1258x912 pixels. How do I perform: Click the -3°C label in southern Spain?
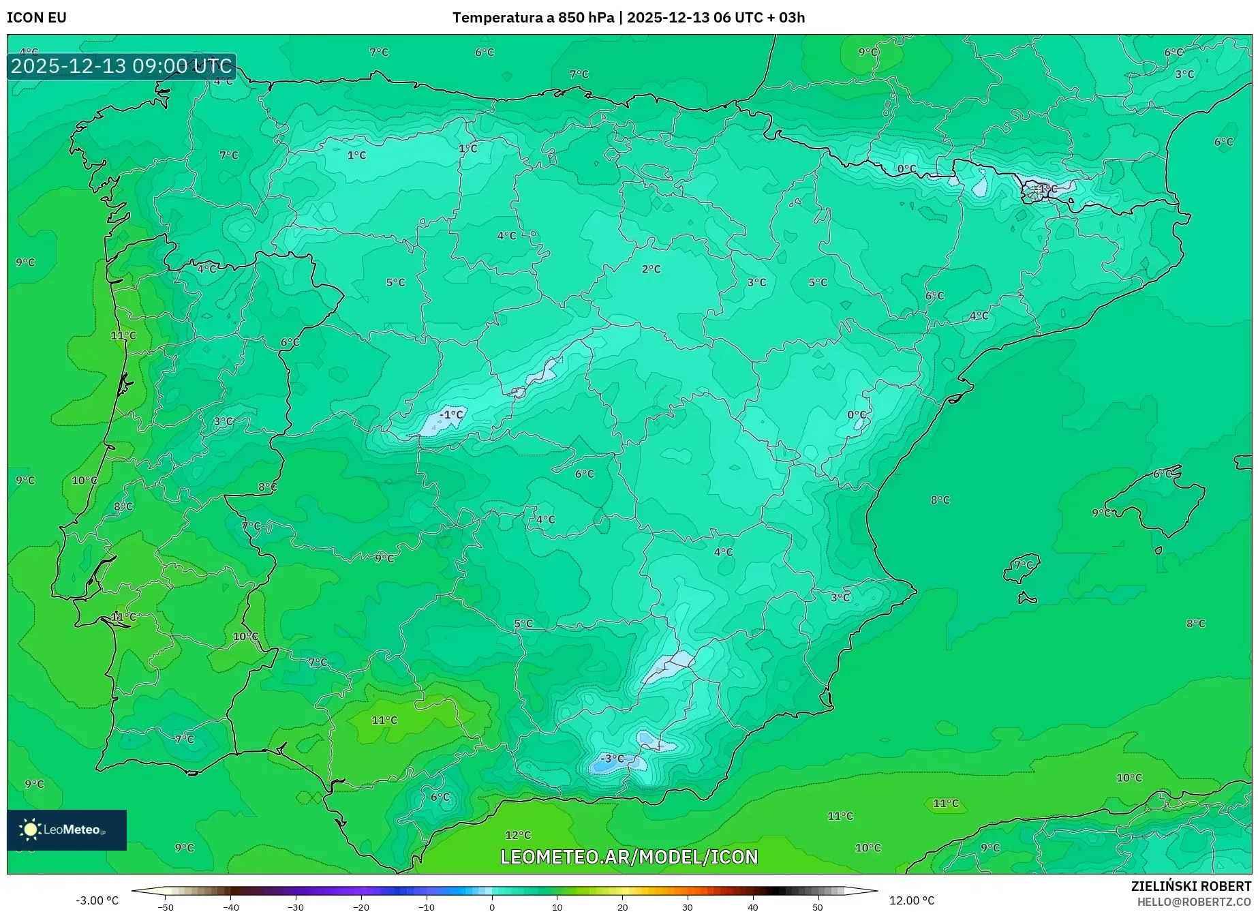tap(611, 759)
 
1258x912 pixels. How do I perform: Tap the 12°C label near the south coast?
tap(517, 835)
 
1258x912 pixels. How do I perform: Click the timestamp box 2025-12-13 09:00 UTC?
tap(121, 66)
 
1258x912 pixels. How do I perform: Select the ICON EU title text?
tap(37, 18)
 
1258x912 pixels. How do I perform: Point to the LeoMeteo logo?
tap(66, 830)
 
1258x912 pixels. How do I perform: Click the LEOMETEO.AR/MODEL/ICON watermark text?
tap(628, 857)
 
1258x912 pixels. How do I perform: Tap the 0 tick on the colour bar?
tap(491, 907)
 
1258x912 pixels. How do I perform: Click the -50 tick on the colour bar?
tap(166, 907)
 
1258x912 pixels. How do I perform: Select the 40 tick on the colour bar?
tap(752, 907)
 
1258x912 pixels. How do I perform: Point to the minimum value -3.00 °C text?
tap(97, 900)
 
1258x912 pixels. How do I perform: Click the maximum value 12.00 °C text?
tap(912, 900)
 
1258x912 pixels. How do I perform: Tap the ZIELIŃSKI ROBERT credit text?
tap(1191, 886)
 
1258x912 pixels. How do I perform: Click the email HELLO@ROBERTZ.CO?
tap(1194, 902)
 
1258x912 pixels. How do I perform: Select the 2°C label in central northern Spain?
tap(651, 269)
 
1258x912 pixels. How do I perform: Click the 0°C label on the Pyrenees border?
tap(906, 169)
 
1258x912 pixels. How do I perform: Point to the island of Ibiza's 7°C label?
tap(1023, 565)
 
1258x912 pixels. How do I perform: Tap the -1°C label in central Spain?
tap(450, 414)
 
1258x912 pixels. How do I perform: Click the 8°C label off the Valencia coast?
tap(940, 500)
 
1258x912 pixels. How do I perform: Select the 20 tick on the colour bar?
tap(622, 907)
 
